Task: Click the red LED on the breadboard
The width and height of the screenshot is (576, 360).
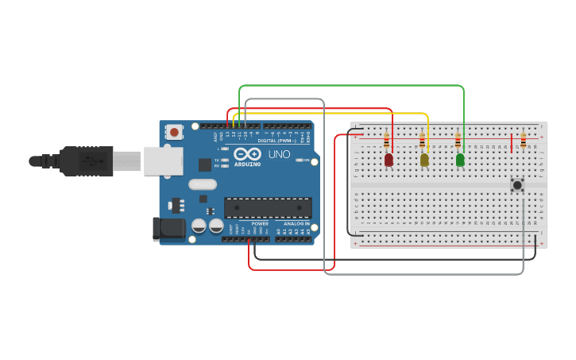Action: click(389, 160)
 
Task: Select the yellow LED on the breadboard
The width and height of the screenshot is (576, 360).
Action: click(424, 160)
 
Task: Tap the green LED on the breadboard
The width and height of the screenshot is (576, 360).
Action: click(460, 160)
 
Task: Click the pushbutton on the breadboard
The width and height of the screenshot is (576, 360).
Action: click(517, 185)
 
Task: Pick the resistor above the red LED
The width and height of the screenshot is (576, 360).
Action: click(387, 141)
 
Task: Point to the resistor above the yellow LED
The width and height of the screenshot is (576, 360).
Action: click(423, 141)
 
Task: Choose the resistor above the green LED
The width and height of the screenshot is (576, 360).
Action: click(458, 141)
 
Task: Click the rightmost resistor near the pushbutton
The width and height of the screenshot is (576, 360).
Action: click(523, 141)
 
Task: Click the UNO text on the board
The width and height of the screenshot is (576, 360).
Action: click(279, 154)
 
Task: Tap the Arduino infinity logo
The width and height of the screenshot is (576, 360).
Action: click(247, 153)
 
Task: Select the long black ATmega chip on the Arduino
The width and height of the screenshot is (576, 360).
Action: click(267, 208)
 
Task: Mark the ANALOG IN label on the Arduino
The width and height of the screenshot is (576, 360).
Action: click(296, 224)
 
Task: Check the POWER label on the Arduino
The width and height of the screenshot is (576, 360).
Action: click(260, 224)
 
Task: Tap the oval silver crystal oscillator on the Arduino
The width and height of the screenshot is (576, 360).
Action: click(203, 184)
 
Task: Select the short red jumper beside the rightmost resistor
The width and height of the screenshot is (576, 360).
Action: click(512, 144)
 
